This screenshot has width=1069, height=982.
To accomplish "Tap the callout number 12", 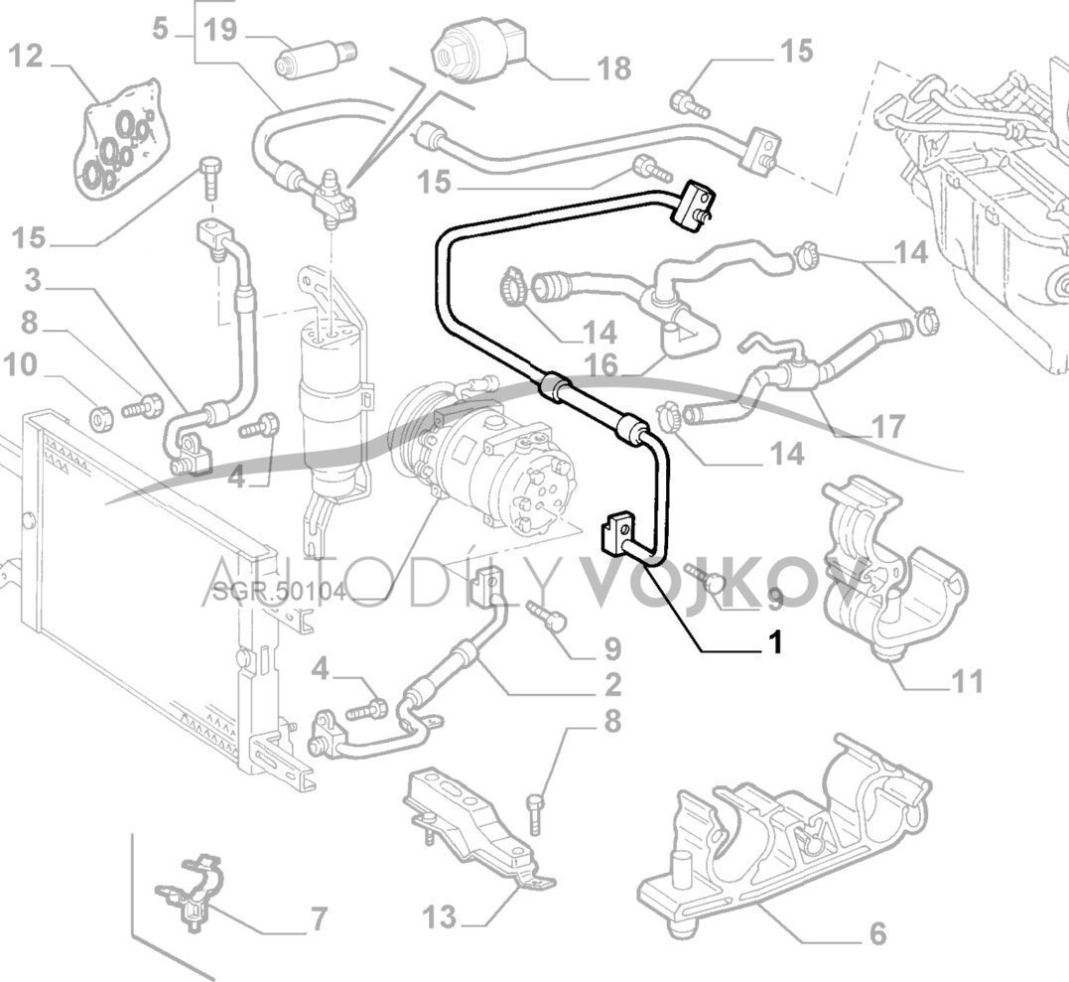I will coord(27,56).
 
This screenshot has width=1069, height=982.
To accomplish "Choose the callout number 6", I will coord(876,933).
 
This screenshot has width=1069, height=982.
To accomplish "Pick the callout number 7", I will coord(317,919).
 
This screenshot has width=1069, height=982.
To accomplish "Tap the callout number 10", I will coord(21,365).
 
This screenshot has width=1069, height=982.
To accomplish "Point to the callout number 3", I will coord(33,281).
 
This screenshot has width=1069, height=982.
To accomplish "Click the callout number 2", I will coord(611,684).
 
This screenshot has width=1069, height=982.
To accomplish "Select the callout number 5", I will coord(161,29).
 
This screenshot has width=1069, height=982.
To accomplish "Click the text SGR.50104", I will coord(279,593).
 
